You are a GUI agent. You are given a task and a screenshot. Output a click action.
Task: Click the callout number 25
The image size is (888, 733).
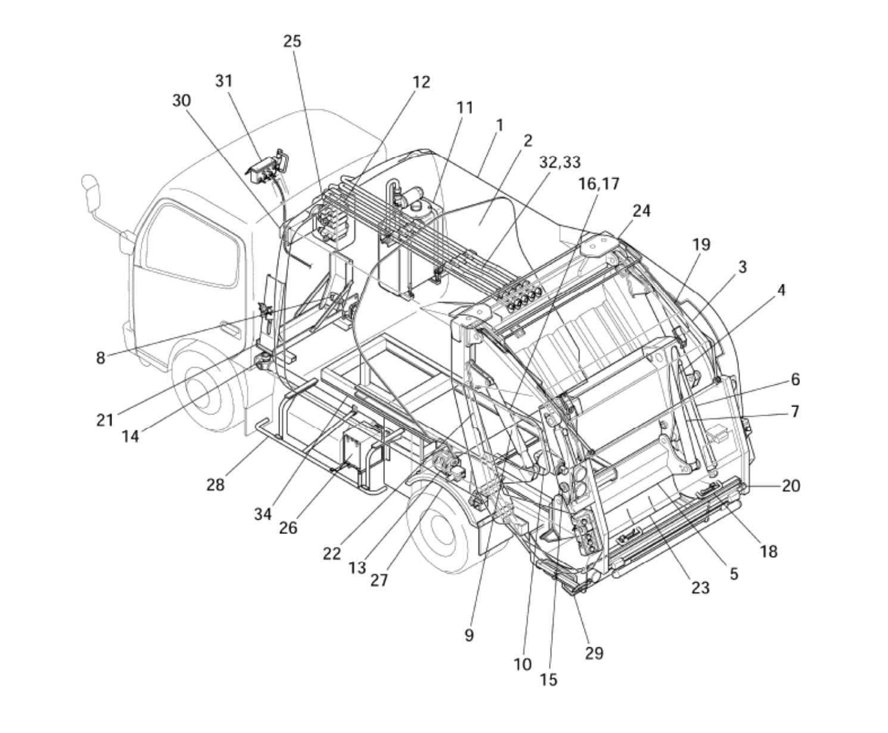pos(292,41)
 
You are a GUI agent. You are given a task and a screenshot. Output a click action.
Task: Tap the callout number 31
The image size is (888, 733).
pos(224,81)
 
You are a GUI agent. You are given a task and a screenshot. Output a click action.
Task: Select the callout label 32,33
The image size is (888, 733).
pos(560,163)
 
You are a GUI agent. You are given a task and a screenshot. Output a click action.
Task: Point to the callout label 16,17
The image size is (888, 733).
pos(599,184)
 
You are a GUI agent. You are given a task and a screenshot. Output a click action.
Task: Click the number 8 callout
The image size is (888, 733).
pos(100,358)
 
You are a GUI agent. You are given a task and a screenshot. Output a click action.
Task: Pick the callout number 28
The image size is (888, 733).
pos(215,484)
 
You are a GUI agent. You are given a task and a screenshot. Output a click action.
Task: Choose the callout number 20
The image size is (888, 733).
pos(791,486)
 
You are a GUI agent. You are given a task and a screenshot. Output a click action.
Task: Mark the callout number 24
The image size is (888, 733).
pos(641,211)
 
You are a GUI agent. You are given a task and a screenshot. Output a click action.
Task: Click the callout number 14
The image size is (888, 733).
pos(130,437)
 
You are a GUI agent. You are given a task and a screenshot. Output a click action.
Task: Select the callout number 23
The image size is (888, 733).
pos(700,588)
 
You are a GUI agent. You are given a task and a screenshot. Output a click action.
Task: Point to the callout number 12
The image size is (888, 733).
pos(421,82)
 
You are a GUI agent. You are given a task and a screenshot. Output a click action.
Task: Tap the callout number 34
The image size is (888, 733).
pos(263,514)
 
